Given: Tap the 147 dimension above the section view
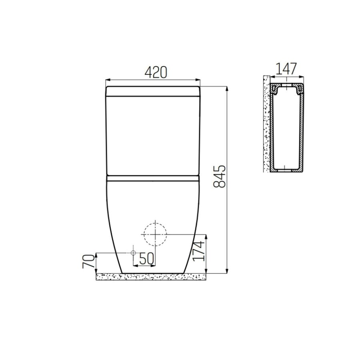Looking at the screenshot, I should (285, 69).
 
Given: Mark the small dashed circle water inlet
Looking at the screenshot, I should (133, 253).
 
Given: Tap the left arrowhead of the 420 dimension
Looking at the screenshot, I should (107, 79).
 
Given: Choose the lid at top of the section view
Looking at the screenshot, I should (286, 88).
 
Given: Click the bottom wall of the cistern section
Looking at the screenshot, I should (286, 170).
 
